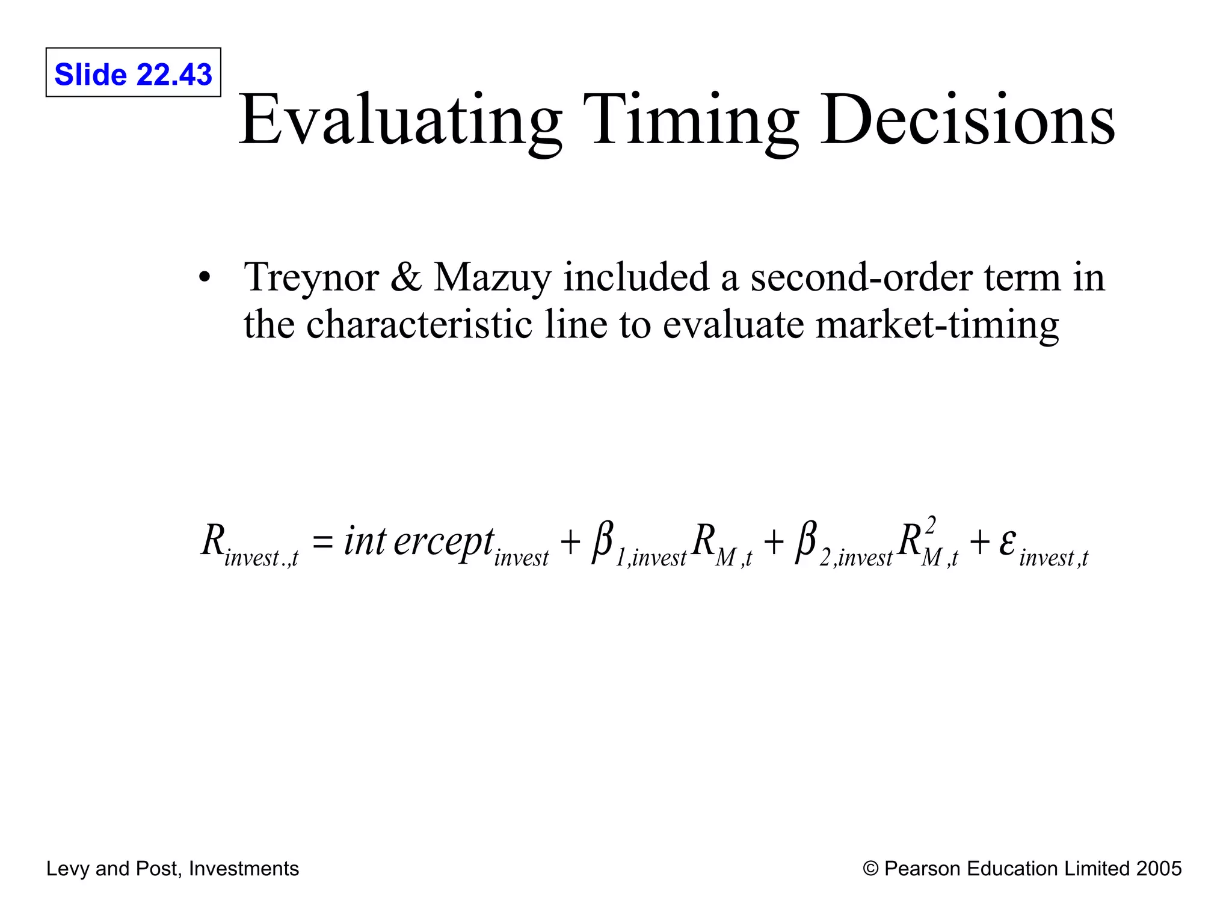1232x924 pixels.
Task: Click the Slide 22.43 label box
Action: [x=133, y=73]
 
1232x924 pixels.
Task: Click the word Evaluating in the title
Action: [x=401, y=120]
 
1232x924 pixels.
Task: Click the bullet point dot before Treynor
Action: [x=205, y=278]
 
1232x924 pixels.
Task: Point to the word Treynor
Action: [x=311, y=278]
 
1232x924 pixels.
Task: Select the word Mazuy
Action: [x=492, y=278]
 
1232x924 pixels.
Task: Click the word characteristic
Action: [x=419, y=324]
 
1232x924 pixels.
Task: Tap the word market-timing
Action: [x=937, y=325]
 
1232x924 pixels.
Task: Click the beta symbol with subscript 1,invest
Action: [x=602, y=541]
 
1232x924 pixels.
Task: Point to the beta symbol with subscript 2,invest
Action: [x=806, y=541]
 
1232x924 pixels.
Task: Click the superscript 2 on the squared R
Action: [x=931, y=525]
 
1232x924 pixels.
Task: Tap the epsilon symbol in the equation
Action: [x=1008, y=541]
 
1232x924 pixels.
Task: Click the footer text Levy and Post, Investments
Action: [x=173, y=869]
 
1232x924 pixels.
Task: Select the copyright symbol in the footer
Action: [x=870, y=869]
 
